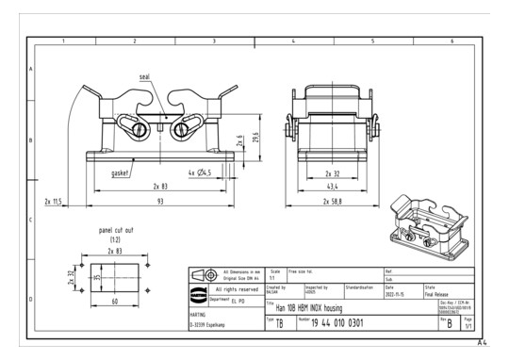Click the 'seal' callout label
[144, 77]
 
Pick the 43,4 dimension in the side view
[332, 188]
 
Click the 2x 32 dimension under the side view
[332, 173]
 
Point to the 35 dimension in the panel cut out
[94, 279]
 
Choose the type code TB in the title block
[280, 323]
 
